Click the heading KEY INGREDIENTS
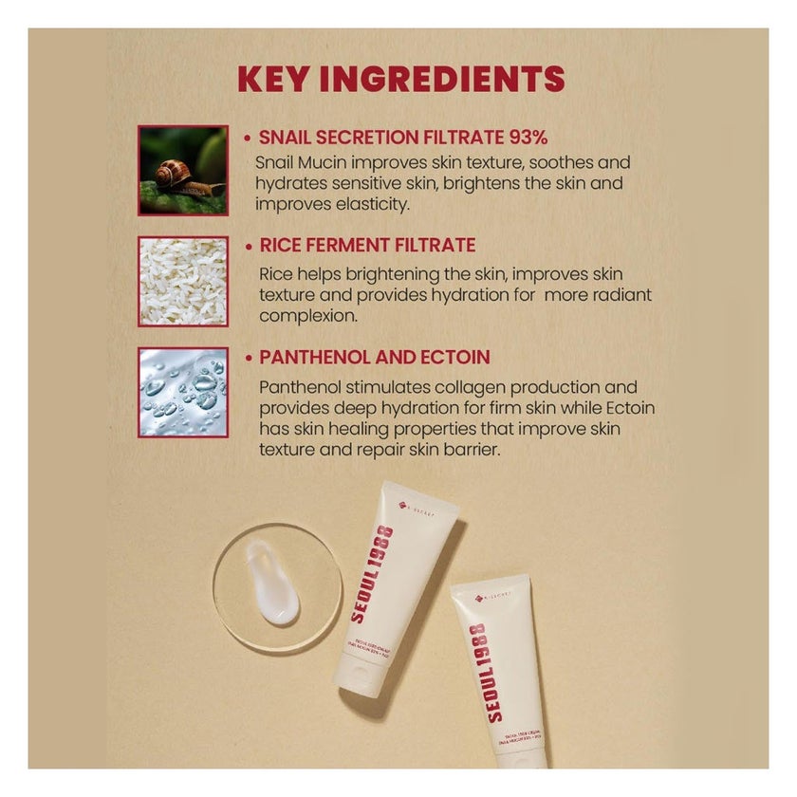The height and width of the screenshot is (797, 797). point(400,78)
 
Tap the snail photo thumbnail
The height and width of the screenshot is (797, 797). point(183,170)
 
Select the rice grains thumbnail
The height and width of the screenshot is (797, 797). point(183,281)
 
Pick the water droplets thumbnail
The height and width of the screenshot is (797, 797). point(183,392)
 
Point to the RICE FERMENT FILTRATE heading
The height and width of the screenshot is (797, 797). point(367,246)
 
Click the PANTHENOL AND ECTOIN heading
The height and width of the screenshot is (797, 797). point(375,358)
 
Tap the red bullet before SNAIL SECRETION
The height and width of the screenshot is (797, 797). point(248,138)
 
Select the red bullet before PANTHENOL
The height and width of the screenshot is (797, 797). point(248,359)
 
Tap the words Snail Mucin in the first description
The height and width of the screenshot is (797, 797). point(299,163)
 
